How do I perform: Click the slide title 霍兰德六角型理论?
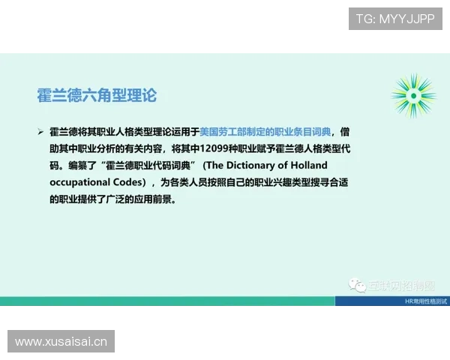97,96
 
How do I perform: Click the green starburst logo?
412,96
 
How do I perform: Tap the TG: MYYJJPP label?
395,19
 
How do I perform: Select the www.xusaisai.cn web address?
61,342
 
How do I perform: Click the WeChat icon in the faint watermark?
352,286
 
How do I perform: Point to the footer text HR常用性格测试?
425,301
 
